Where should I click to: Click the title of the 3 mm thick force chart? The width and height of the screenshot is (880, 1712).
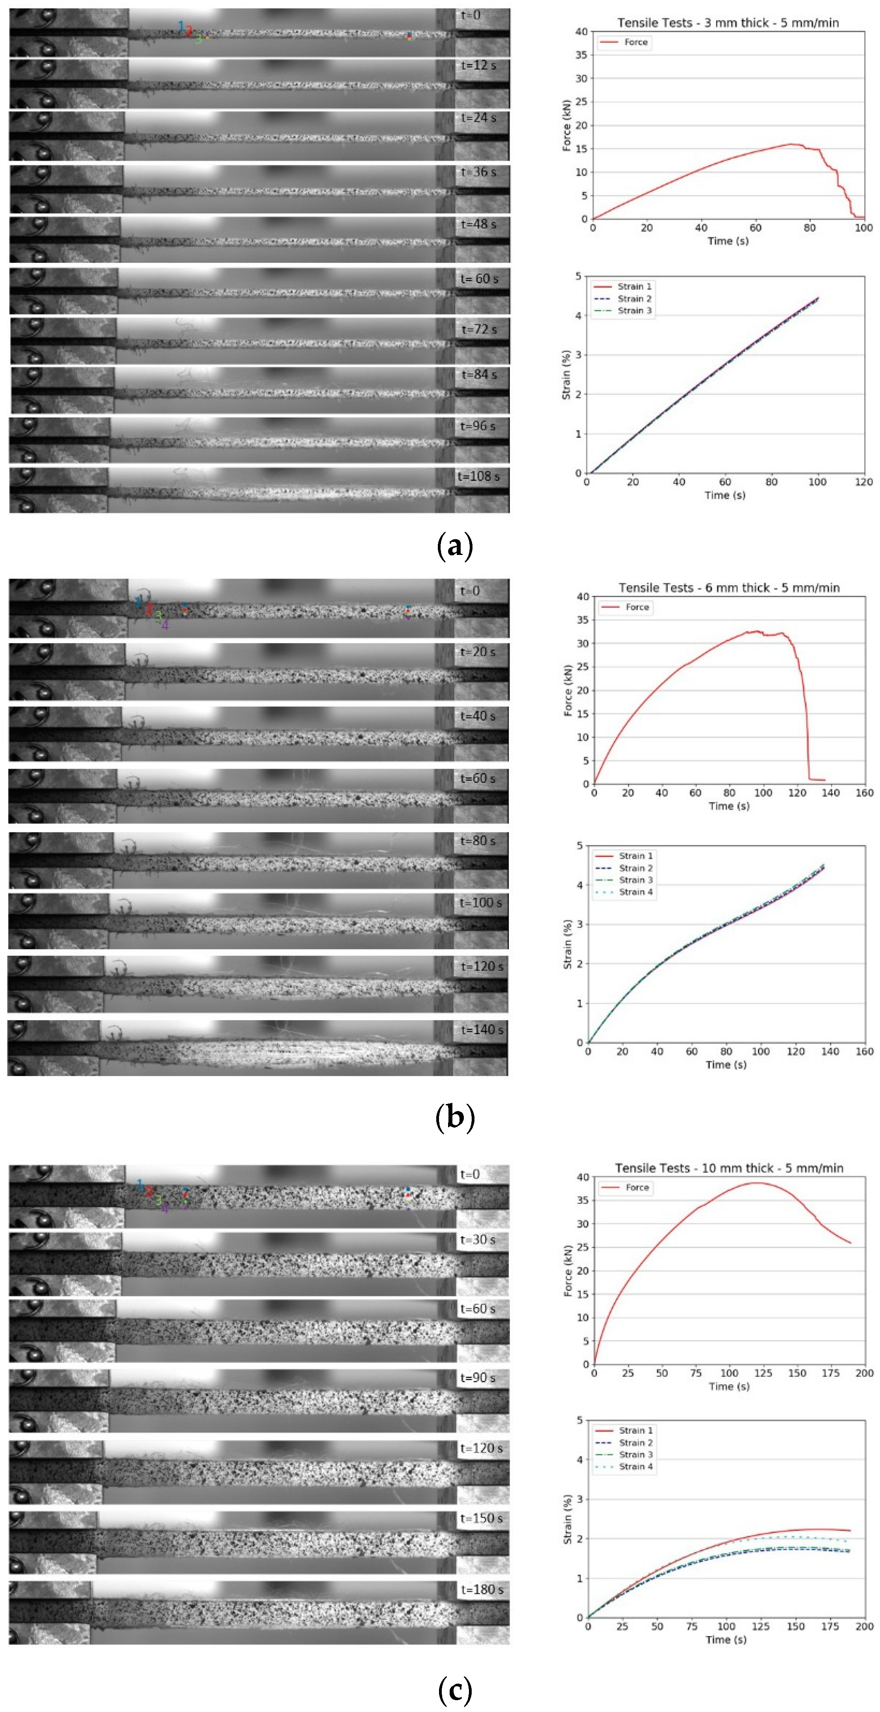coord(728,22)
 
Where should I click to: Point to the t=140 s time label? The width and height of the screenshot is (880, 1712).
coord(481,1030)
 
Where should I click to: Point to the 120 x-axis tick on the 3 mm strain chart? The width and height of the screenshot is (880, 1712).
coord(863,482)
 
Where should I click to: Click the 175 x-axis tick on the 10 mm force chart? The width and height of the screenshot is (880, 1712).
coord(831,1373)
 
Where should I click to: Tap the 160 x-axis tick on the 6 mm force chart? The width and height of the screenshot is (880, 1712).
coord(864,793)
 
